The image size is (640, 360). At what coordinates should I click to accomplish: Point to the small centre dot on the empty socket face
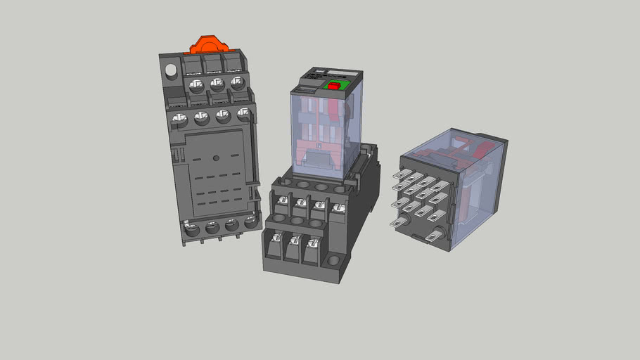pyautogui.click(x=216, y=157)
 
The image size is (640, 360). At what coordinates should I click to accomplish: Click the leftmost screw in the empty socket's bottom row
pyautogui.click(x=192, y=229)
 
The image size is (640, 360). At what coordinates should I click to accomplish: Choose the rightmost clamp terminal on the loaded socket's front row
pyautogui.click(x=312, y=244)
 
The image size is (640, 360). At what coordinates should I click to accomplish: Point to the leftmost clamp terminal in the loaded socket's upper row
pyautogui.click(x=282, y=202)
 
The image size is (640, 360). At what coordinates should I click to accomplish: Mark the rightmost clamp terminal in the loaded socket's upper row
pyautogui.click(x=338, y=208)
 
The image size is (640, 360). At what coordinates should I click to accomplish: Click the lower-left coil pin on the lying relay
pyautogui.click(x=400, y=223)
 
